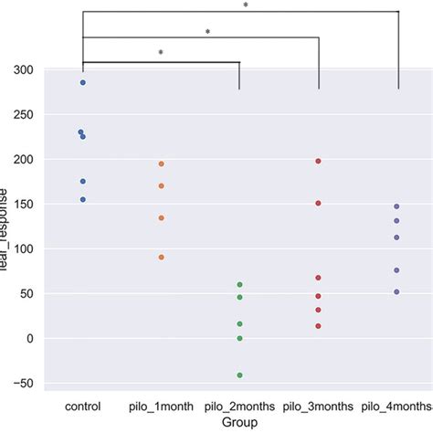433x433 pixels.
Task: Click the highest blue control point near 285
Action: tap(83, 82)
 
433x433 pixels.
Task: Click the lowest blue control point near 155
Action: tap(83, 199)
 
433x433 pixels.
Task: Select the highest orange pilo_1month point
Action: tap(162, 164)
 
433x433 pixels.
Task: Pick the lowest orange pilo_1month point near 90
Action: tap(162, 257)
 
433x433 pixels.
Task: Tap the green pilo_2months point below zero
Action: tap(240, 375)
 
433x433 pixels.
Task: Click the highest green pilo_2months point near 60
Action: tap(240, 284)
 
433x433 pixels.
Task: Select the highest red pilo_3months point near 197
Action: tap(319, 161)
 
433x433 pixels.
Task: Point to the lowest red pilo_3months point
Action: tap(319, 326)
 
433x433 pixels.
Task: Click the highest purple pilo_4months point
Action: tap(397, 206)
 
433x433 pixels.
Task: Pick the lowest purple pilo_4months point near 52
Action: tap(397, 291)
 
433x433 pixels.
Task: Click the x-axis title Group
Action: tap(240, 422)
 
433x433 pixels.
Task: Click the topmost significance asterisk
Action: tap(246, 5)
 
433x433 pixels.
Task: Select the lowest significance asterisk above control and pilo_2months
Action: tap(161, 53)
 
